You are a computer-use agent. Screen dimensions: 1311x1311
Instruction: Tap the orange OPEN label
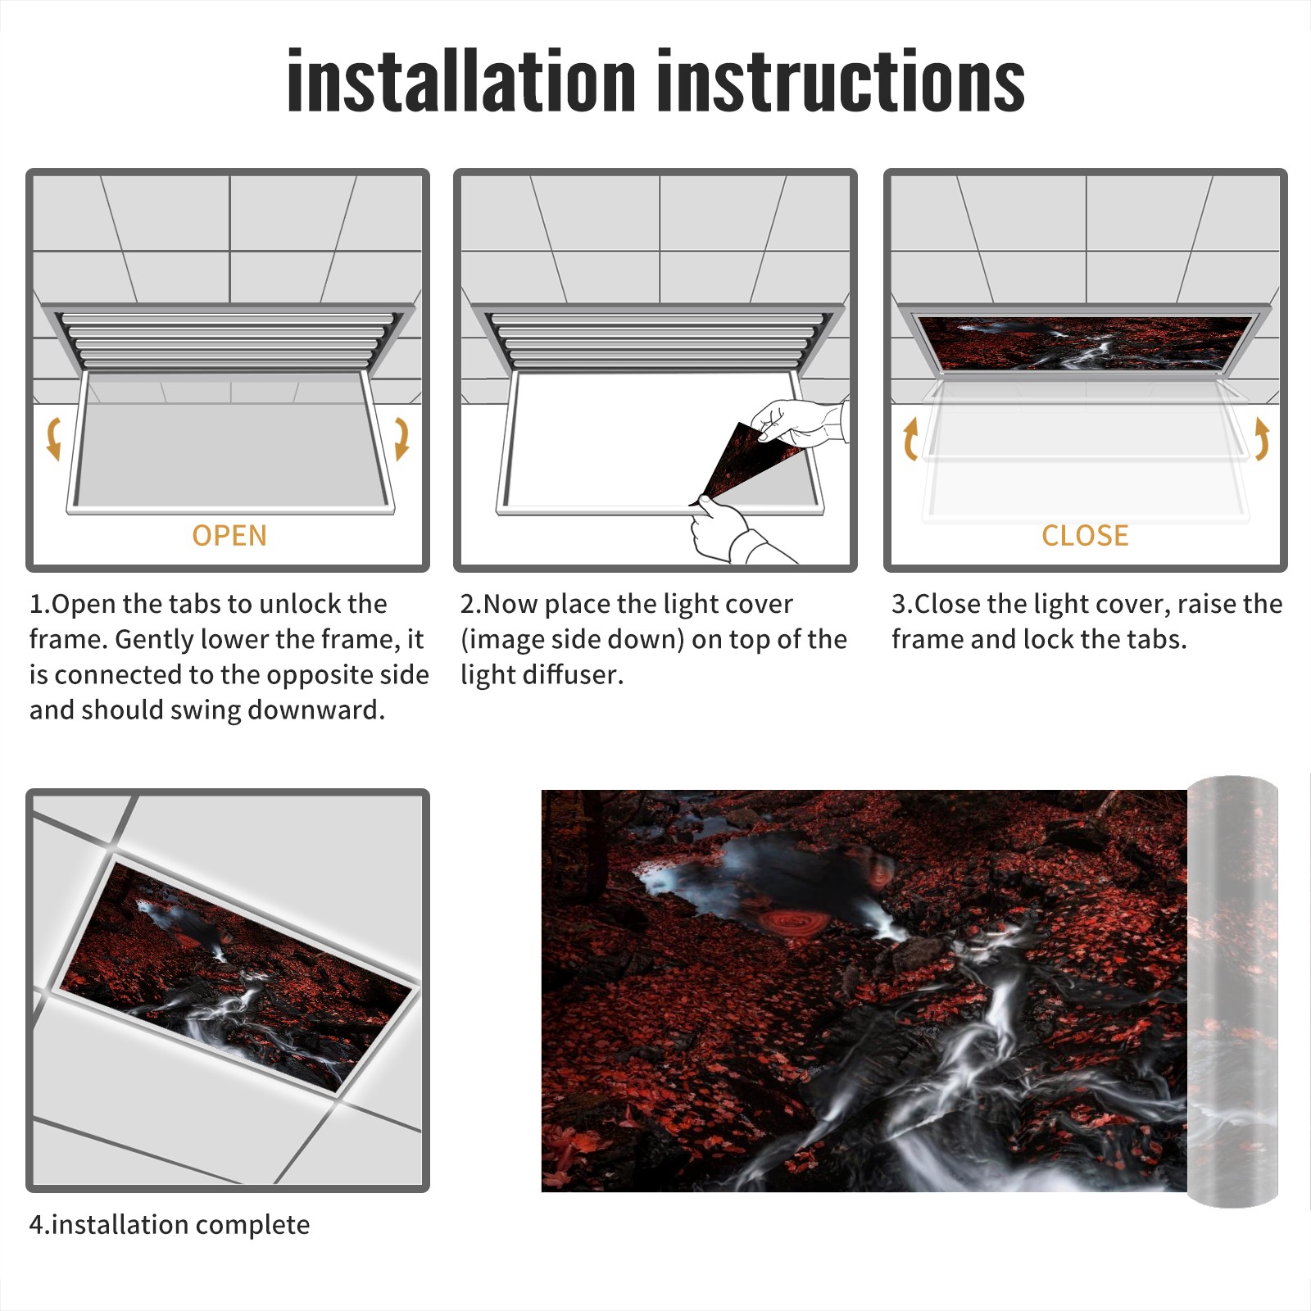[x=229, y=535]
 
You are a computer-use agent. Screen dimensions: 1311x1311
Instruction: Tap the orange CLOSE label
[x=1085, y=535]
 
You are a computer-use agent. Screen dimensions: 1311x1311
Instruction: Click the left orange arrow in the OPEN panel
[x=53, y=438]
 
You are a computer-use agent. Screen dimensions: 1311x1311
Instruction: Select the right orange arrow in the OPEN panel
[x=401, y=438]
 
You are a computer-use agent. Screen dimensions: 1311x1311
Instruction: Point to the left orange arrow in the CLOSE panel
[x=910, y=438]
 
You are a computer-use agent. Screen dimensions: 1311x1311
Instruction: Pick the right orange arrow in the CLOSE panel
[x=1262, y=438]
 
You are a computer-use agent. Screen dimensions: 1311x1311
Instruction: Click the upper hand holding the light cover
[x=799, y=422]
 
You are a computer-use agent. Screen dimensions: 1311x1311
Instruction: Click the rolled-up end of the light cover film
[x=1232, y=991]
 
